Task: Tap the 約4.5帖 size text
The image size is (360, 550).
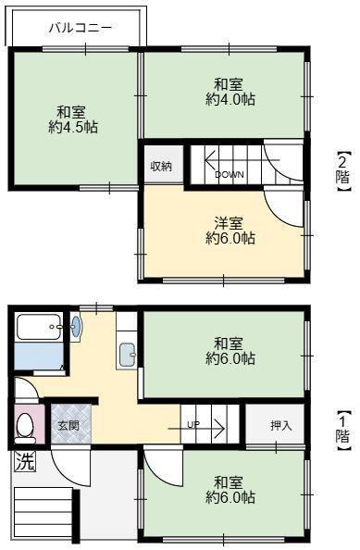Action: (x=73, y=129)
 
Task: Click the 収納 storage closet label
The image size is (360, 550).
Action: (x=161, y=167)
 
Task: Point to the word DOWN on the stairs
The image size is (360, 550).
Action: (x=230, y=174)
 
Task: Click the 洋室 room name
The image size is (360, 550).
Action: (x=230, y=222)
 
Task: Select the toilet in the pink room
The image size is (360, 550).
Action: (x=26, y=427)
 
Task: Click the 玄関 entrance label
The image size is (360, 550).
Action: (x=68, y=426)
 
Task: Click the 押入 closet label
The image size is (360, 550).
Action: (x=280, y=426)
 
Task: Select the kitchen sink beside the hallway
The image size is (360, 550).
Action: (x=128, y=355)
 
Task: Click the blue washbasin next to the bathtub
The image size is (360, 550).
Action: (x=76, y=326)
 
